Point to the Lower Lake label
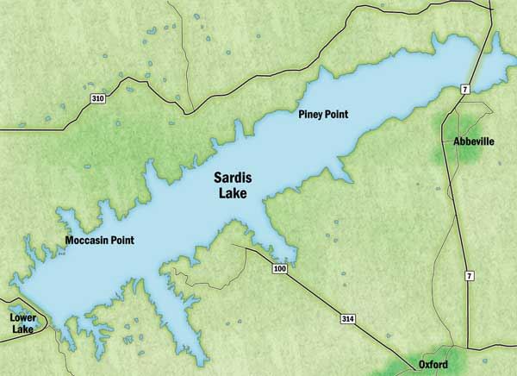(22, 323)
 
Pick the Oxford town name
(433, 365)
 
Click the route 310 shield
(98, 99)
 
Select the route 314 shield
(347, 319)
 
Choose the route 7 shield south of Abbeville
(469, 275)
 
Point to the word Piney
(310, 115)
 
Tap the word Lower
(22, 317)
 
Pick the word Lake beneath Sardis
(230, 194)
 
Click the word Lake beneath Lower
(22, 329)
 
